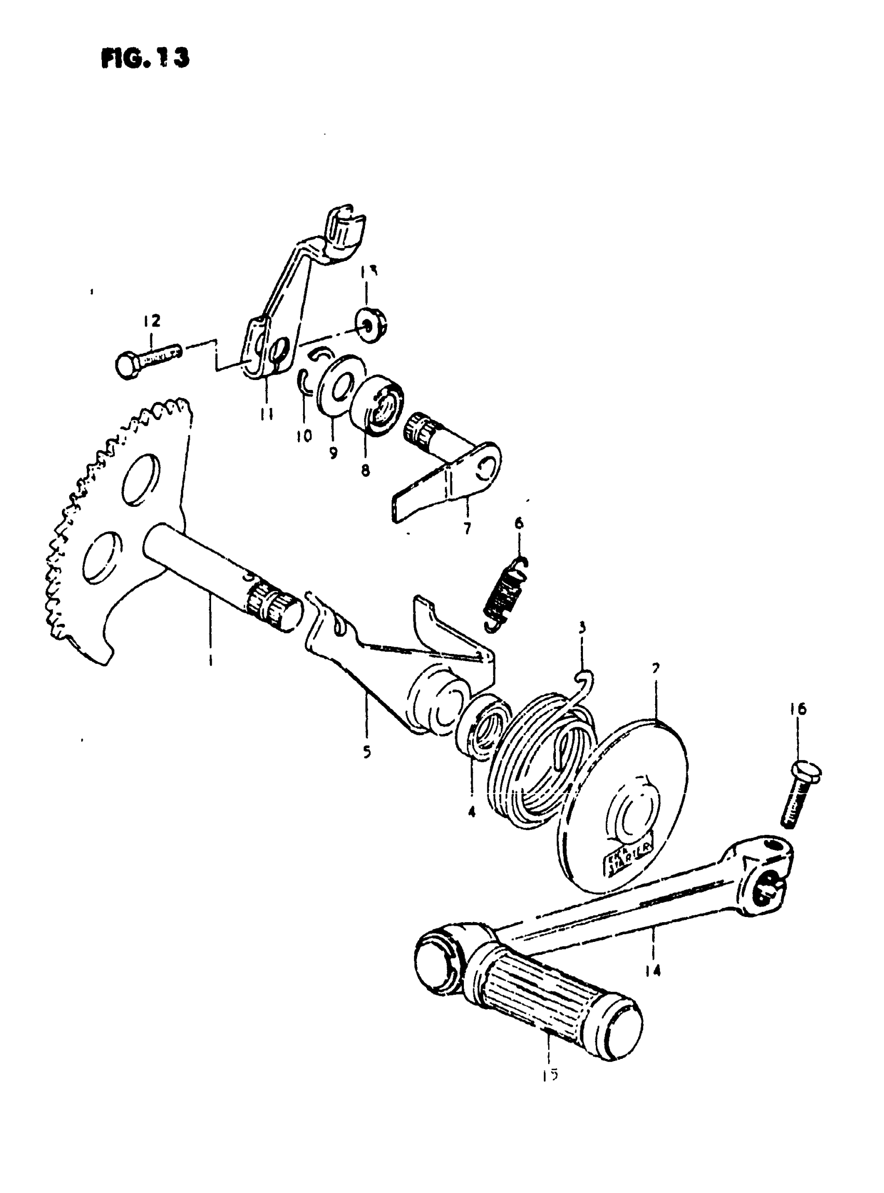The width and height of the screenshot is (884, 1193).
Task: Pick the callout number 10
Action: (x=303, y=436)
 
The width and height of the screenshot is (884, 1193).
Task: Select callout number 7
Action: (x=467, y=529)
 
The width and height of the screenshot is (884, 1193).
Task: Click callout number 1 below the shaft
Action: (x=210, y=661)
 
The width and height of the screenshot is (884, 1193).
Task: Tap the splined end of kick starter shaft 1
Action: (x=273, y=607)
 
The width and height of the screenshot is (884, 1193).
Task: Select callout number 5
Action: (x=367, y=752)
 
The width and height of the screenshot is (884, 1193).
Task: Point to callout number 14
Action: (x=653, y=969)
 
